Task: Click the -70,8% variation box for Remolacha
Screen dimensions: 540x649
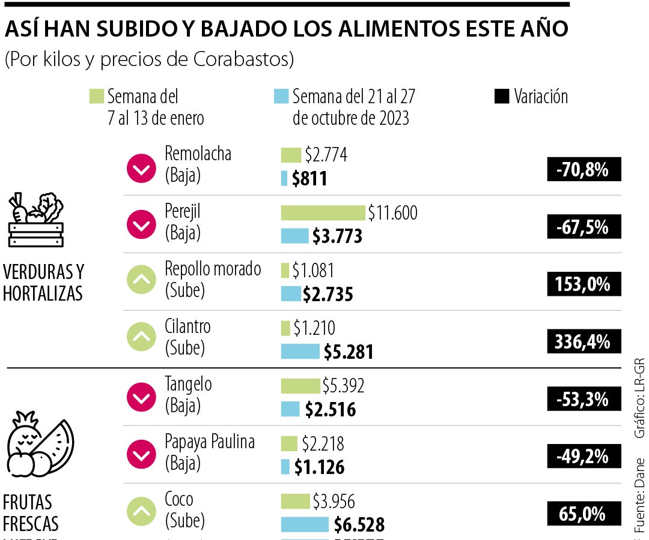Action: pyautogui.click(x=583, y=170)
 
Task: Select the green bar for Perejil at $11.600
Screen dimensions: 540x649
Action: pyautogui.click(x=323, y=213)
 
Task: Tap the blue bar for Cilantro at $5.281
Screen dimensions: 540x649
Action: pyautogui.click(x=300, y=351)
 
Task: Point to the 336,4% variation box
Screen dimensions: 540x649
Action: pyautogui.click(x=583, y=342)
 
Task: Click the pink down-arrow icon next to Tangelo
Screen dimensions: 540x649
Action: pyautogui.click(x=141, y=398)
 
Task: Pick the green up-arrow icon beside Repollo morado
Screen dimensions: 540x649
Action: pyautogui.click(x=141, y=279)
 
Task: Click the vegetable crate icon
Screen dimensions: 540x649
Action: pyautogui.click(x=35, y=220)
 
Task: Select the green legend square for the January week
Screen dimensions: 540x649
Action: pyautogui.click(x=96, y=97)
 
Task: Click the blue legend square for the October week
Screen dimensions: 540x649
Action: pyautogui.click(x=281, y=97)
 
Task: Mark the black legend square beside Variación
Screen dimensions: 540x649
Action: pyautogui.click(x=501, y=97)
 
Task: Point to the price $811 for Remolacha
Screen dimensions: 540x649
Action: pyautogui.click(x=309, y=178)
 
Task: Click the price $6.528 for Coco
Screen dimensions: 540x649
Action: pyautogui.click(x=359, y=524)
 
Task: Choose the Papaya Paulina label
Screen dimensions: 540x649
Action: pyautogui.click(x=210, y=442)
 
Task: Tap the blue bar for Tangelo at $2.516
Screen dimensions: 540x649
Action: pyautogui.click(x=290, y=409)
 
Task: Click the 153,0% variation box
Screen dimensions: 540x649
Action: pyautogui.click(x=583, y=284)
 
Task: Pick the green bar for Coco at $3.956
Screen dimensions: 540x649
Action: pyautogui.click(x=294, y=501)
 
